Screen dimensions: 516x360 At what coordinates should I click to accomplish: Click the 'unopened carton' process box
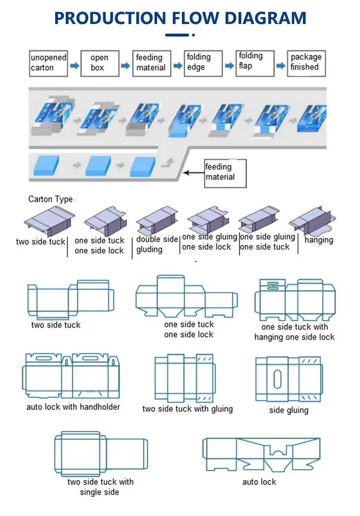point(48,63)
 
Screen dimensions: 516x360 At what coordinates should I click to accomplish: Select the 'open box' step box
point(99,63)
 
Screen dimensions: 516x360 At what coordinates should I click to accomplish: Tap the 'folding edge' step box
point(203,63)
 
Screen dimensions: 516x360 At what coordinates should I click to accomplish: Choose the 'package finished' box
point(306,63)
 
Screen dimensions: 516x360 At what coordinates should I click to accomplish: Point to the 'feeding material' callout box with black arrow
point(225,172)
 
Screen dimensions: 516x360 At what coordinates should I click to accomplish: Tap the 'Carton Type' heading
point(50,199)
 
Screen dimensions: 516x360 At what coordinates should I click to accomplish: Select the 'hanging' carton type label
point(319,240)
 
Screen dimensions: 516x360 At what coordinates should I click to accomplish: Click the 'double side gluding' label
point(157,245)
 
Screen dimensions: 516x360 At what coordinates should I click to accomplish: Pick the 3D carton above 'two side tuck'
point(48,221)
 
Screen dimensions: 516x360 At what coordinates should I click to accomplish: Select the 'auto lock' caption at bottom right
point(259,481)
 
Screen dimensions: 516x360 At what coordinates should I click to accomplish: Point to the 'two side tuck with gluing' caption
point(187,409)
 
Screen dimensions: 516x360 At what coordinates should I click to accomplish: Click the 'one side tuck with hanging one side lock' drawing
point(295,300)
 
